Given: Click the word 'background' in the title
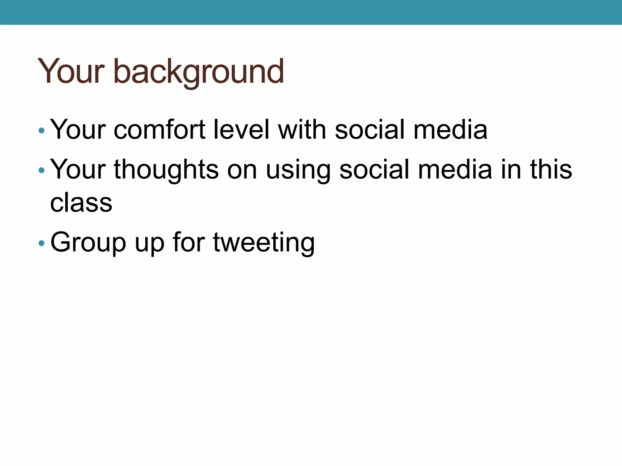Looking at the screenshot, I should tap(199, 72).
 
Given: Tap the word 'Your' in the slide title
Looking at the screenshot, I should tap(71, 72).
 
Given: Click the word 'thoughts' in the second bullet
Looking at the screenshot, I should tap(166, 170).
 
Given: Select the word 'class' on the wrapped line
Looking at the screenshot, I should tap(81, 203).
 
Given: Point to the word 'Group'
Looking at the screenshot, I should tap(88, 243).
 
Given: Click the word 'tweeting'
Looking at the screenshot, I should tap(264, 243).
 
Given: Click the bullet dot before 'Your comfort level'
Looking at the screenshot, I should tap(42, 131).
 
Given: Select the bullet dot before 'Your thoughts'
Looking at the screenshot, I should tap(42, 171).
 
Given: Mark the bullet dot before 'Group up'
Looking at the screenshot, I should tap(42, 243).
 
